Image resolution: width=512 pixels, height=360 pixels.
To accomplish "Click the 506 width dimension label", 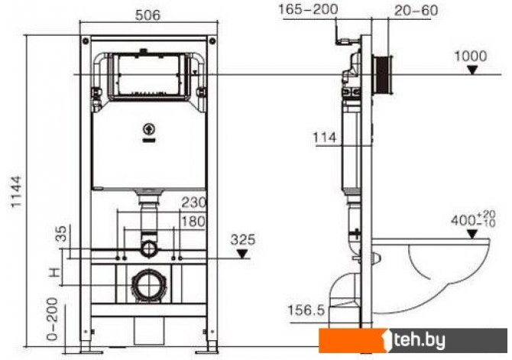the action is [148, 15].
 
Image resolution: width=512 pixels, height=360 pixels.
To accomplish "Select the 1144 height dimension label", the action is [16, 191].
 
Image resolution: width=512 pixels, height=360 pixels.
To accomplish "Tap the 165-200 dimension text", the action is [308, 9].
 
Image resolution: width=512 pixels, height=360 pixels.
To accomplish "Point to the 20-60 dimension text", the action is [416, 11].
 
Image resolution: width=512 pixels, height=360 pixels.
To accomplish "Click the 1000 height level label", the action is [471, 57].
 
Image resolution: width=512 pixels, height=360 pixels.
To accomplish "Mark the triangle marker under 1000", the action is [472, 70].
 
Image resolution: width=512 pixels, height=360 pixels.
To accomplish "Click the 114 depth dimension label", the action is [325, 138].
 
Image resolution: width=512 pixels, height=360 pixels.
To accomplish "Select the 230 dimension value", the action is [194, 203].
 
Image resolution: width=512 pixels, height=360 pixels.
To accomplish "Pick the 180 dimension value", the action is [193, 222].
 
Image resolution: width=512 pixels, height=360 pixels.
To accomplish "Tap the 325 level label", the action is [243, 240].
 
